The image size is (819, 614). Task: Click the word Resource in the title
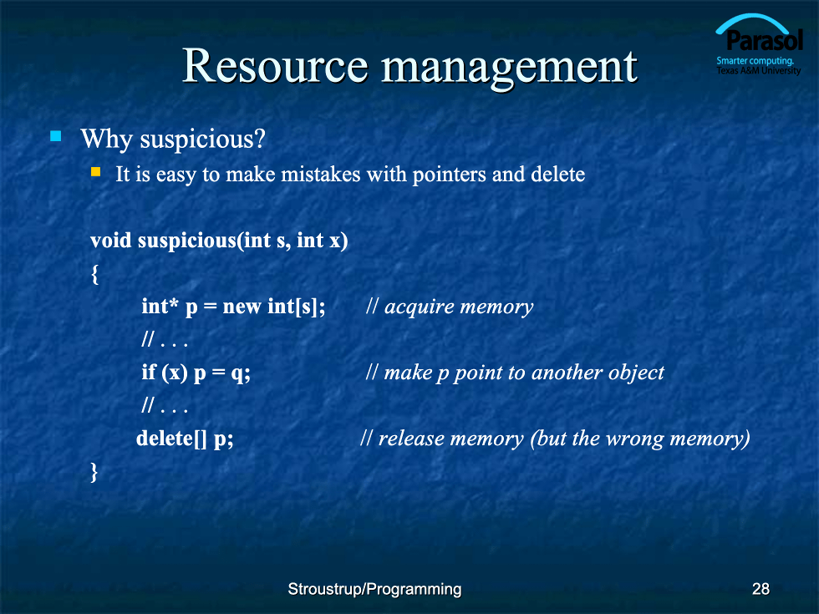pyautogui.click(x=275, y=66)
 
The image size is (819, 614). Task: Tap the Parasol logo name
pyautogui.click(x=764, y=41)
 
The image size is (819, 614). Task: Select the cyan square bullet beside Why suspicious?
pyautogui.click(x=55, y=137)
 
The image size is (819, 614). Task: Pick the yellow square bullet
pyautogui.click(x=95, y=172)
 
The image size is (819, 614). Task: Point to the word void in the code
pyautogui.click(x=110, y=241)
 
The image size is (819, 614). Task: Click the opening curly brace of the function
pyautogui.click(x=94, y=274)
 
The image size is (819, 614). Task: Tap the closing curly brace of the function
pyautogui.click(x=94, y=472)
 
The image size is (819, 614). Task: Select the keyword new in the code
pyautogui.click(x=242, y=307)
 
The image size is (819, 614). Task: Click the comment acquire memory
pyautogui.click(x=459, y=307)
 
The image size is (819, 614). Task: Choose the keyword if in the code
pyautogui.click(x=149, y=373)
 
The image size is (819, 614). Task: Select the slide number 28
pyautogui.click(x=760, y=589)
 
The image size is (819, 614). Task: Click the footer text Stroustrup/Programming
pyautogui.click(x=374, y=590)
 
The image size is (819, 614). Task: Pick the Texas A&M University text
pyautogui.click(x=759, y=70)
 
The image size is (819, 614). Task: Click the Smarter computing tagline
pyautogui.click(x=755, y=60)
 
